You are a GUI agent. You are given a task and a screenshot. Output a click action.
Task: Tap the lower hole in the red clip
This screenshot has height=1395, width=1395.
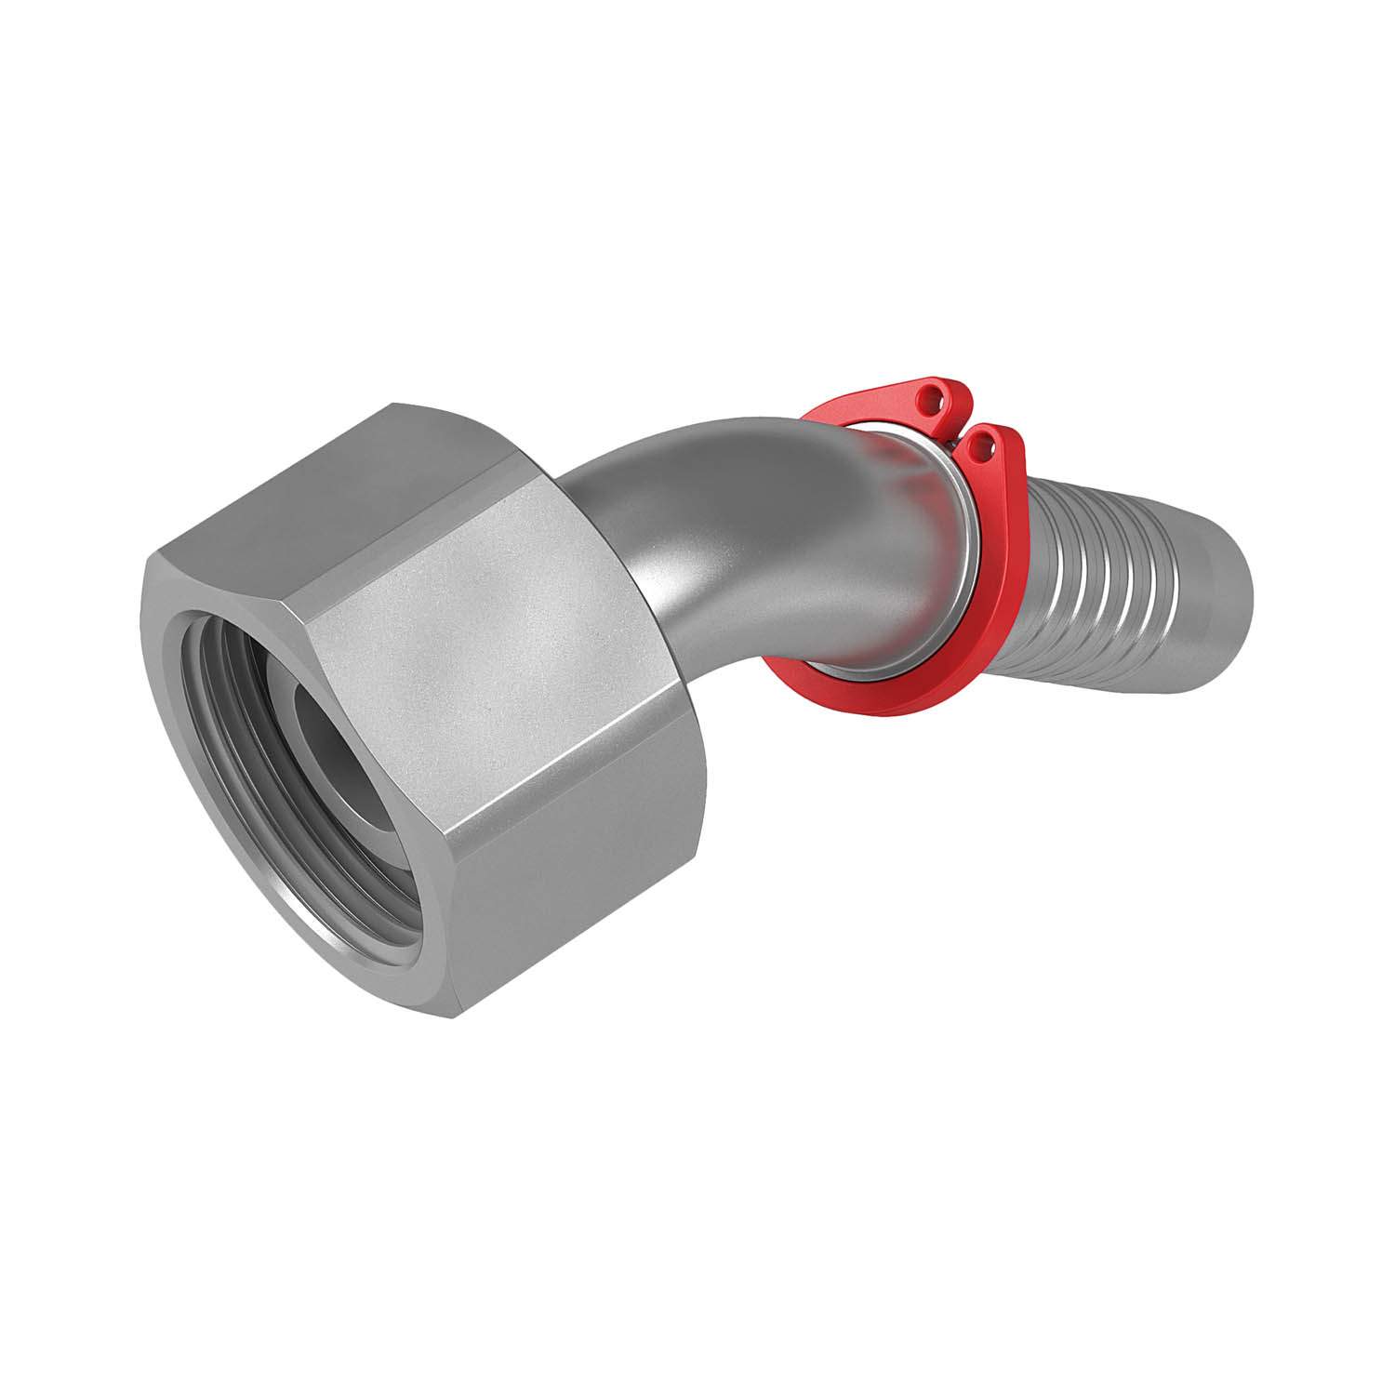(976, 448)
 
